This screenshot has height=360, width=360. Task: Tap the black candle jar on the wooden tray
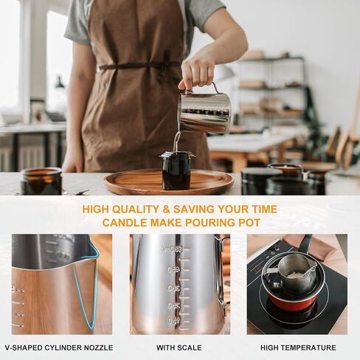coord(176,170)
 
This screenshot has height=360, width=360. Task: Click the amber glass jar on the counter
coord(41,181)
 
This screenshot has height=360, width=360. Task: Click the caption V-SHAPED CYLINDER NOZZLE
coord(59,347)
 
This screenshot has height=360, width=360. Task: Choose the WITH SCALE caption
coord(180,347)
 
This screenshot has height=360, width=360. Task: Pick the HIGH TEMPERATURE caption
coord(297,347)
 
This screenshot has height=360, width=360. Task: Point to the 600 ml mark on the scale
coord(175,251)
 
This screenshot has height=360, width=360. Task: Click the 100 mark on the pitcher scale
coord(173,321)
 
